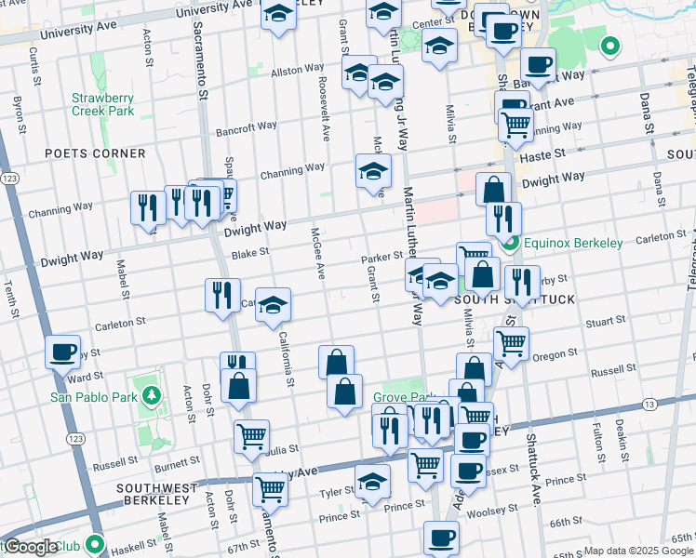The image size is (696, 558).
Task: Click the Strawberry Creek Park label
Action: coord(103,104)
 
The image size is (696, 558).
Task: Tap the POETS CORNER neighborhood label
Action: coord(95,153)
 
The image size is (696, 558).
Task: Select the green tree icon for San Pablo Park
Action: coord(151,397)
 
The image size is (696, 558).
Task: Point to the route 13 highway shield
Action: coord(649,404)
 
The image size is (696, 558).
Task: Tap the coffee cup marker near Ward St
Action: coord(62,352)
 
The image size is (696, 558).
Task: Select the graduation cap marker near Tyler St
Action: coord(372,483)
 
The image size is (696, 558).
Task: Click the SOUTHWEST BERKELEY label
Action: coord(156,488)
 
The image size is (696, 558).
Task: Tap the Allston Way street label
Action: coord(297,71)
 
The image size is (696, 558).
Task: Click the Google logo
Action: coord(31,547)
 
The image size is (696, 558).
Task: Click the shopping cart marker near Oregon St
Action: coord(511,343)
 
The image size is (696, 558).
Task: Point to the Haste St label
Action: coord(547,153)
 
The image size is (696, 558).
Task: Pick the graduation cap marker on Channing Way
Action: coord(373,171)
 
